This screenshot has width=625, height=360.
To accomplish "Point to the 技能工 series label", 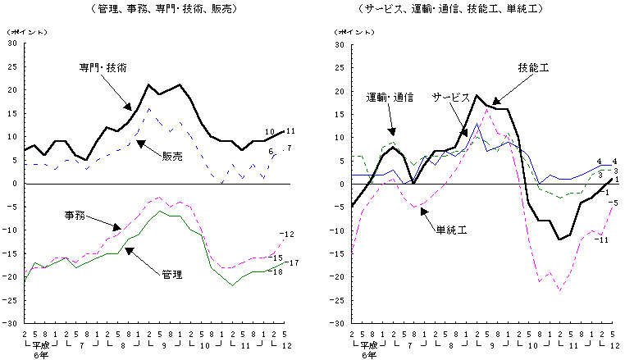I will tap(533, 67).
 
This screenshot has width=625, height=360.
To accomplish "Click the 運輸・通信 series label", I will tap(389, 96).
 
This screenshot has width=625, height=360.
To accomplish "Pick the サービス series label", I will tap(450, 96).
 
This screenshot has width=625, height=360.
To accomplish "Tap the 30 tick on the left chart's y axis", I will tap(11, 43).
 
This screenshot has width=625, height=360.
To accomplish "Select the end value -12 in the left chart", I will tap(287, 235).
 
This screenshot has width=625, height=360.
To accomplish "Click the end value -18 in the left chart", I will tap(277, 271).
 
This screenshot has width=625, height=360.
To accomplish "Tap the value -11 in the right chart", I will tap(600, 239).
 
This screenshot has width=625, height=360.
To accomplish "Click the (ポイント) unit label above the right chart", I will tap(349, 32).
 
